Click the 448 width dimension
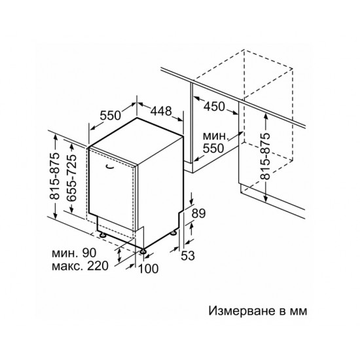pyautogui.click(x=161, y=111)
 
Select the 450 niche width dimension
pyautogui.click(x=214, y=106)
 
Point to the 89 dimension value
pyautogui.click(x=198, y=213)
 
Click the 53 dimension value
pyautogui.click(x=188, y=255)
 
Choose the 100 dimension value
pyautogui.click(x=149, y=268)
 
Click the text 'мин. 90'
pyautogui.click(x=74, y=253)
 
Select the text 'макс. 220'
pyautogui.click(x=80, y=266)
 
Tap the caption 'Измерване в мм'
pyautogui.click(x=258, y=311)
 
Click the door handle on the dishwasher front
pyautogui.click(x=110, y=166)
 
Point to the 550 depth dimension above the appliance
pyautogui.click(x=110, y=115)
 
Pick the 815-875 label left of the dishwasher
pyautogui.click(x=54, y=176)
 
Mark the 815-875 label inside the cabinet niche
pyautogui.click(x=266, y=156)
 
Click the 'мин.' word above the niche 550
pyautogui.click(x=215, y=136)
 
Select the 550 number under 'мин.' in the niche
pyautogui.click(x=213, y=148)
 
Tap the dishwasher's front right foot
pyautogui.click(x=143, y=251)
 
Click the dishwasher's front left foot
pyautogui.click(x=102, y=235)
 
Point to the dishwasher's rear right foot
pyautogui.click(x=173, y=232)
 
